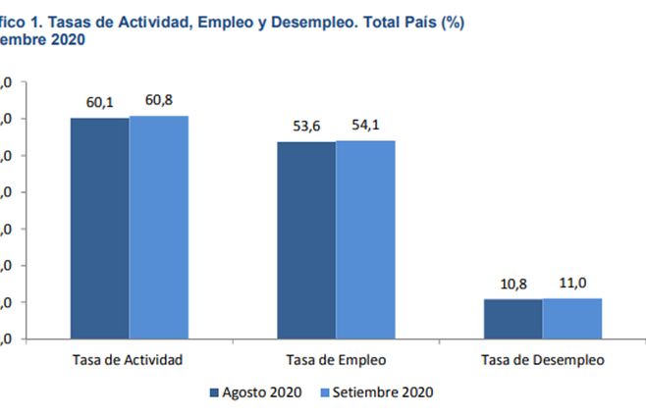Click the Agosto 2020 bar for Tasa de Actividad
pyautogui.click(x=99, y=228)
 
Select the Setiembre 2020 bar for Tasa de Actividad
pyautogui.click(x=158, y=227)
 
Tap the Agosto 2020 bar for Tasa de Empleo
pyautogui.click(x=306, y=240)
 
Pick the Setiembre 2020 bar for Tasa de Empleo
pyautogui.click(x=365, y=239)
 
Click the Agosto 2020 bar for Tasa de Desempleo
pyautogui.click(x=512, y=319)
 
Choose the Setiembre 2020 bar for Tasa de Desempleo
pyautogui.click(x=571, y=318)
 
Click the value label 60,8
pyautogui.click(x=159, y=101)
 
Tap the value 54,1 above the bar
pyautogui.click(x=365, y=126)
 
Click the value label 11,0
pyautogui.click(x=571, y=284)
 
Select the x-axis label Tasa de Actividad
pyautogui.click(x=129, y=359)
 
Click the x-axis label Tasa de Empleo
pyautogui.click(x=336, y=359)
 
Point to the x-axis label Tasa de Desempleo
pyautogui.click(x=542, y=359)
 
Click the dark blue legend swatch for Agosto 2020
pyautogui.click(x=215, y=392)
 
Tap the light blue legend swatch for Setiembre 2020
pyautogui.click(x=325, y=392)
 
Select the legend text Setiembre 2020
pyautogui.click(x=384, y=392)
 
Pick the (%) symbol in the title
pyautogui.click(x=452, y=23)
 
